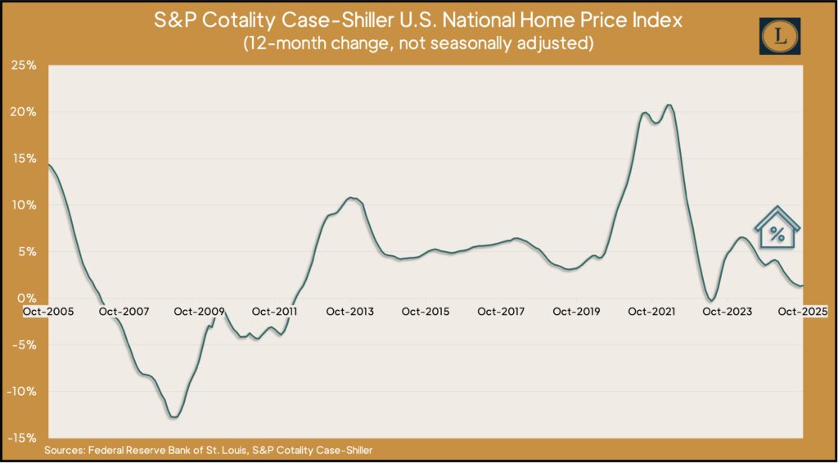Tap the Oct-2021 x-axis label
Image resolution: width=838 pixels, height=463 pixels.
(x=651, y=312)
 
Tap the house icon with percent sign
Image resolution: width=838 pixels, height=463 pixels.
(x=777, y=228)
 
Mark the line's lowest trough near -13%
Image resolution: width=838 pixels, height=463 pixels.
(x=174, y=417)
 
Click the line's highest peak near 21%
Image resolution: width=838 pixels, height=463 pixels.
(x=669, y=105)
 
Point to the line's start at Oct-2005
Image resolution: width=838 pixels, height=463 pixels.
(x=49, y=165)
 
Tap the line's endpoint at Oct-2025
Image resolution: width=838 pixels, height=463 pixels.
(x=803, y=285)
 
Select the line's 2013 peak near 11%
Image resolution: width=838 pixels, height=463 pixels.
(x=351, y=198)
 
